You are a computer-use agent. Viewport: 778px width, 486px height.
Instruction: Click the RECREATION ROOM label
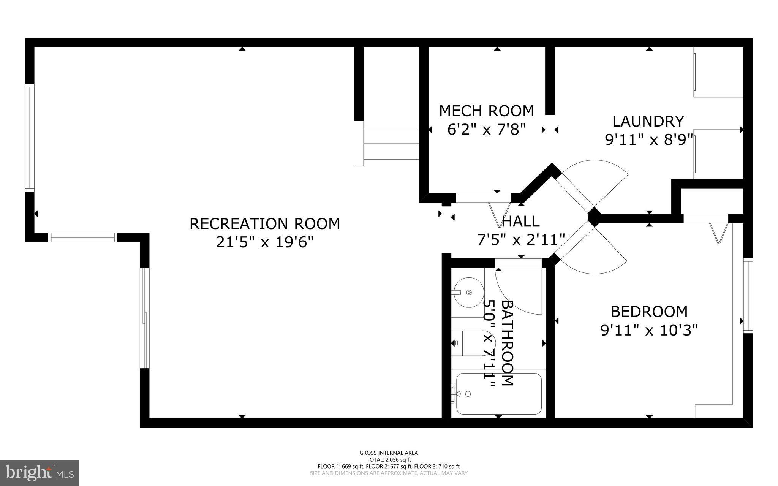pyautogui.click(x=265, y=224)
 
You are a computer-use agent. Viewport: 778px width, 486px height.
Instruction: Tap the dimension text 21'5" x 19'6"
pyautogui.click(x=265, y=242)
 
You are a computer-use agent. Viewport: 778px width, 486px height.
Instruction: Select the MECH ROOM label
pyautogui.click(x=486, y=111)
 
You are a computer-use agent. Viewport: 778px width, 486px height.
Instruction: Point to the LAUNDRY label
pyautogui.click(x=648, y=121)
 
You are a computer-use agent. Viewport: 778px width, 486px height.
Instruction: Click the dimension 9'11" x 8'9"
pyautogui.click(x=648, y=140)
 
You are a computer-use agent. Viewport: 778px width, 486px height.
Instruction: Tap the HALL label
pyautogui.click(x=520, y=221)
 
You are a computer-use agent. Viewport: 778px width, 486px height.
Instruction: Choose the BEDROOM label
pyautogui.click(x=649, y=312)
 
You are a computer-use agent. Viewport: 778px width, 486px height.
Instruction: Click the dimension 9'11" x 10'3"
pyautogui.click(x=649, y=330)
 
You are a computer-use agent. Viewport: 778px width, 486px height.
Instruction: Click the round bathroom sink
pyautogui.click(x=468, y=293)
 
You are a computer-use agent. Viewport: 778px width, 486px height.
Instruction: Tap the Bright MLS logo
pyautogui.click(x=40, y=473)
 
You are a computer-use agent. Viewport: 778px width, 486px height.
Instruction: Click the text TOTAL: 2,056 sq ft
pyautogui.click(x=389, y=459)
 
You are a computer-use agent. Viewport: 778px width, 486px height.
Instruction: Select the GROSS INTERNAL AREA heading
pyautogui.click(x=389, y=453)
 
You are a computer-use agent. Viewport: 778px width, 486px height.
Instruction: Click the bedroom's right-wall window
pyautogui.click(x=748, y=296)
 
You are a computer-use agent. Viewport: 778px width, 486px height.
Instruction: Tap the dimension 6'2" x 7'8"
pyautogui.click(x=486, y=130)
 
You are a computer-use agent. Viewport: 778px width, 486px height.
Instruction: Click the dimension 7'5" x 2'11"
pyautogui.click(x=520, y=240)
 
